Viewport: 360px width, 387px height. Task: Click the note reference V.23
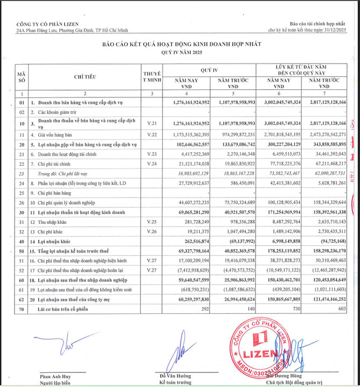150,153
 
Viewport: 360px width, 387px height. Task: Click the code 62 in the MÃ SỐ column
21,300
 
